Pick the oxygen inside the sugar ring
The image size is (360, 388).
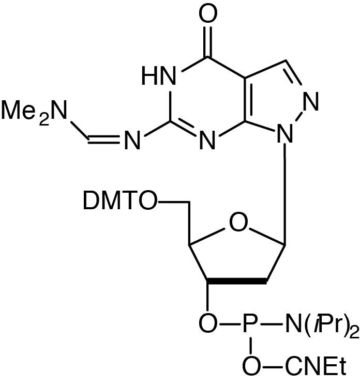(238, 224)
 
